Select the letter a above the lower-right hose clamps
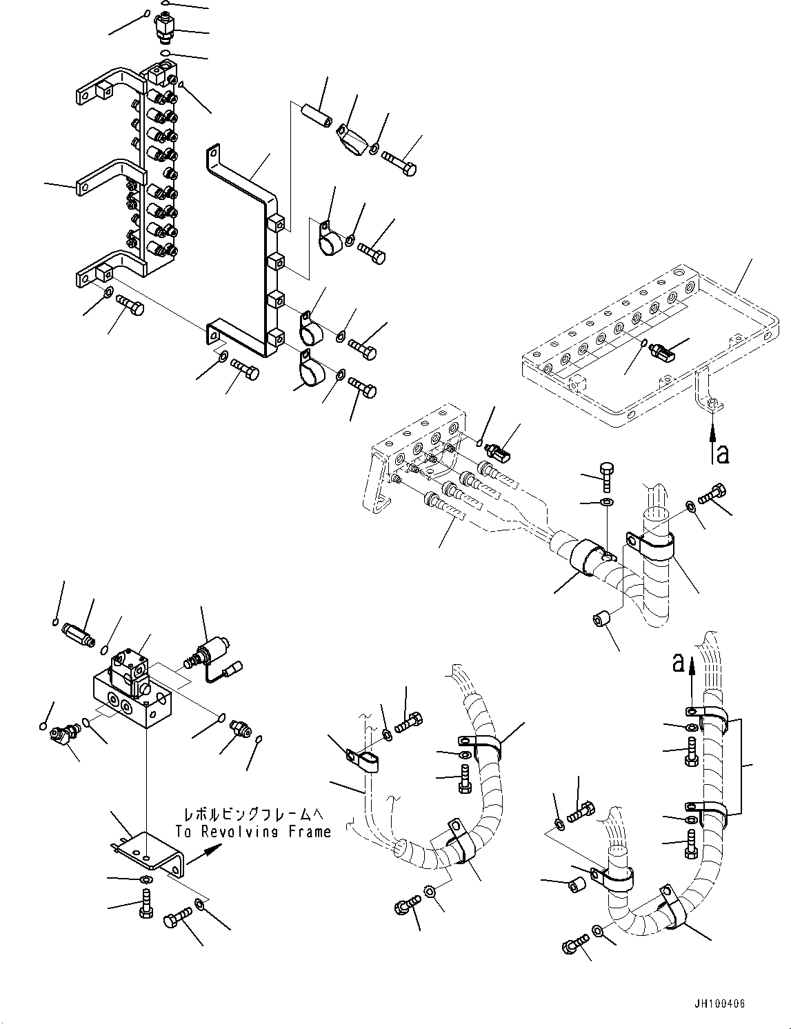678,663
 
